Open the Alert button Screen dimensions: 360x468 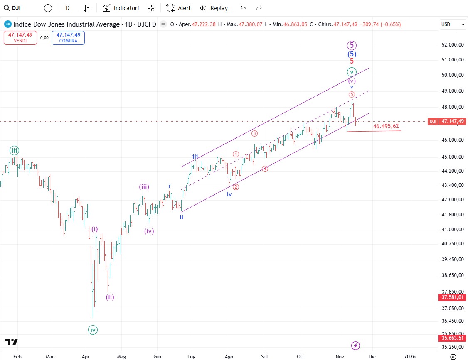[178, 8]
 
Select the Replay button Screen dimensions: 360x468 [214, 8]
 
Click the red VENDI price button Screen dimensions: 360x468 [20, 38]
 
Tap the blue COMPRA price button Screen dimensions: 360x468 [68, 38]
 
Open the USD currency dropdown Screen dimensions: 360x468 [452, 24]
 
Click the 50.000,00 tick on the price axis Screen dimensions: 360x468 [452, 75]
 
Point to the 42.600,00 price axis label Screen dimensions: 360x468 [452, 199]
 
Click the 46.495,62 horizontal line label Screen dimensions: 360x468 [386, 126]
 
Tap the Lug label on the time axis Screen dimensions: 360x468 [192, 356]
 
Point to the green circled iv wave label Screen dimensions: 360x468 [93, 330]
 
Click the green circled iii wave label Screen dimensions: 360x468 [15, 151]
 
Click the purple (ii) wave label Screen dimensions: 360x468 [110, 297]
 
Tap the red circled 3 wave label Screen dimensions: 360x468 [254, 134]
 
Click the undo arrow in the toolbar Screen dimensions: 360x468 [243, 8]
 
